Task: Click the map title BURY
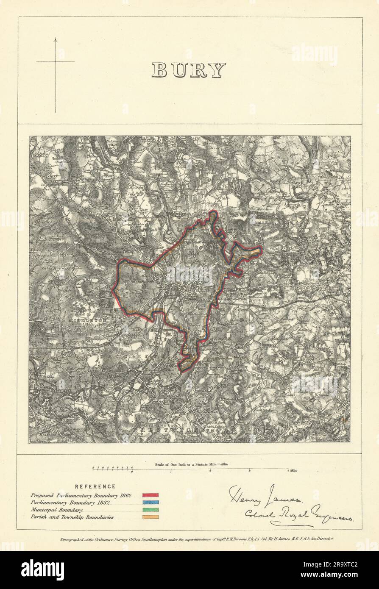click(189, 70)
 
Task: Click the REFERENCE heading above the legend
click(95, 487)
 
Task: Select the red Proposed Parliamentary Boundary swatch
click(150, 495)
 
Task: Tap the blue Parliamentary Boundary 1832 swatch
click(150, 502)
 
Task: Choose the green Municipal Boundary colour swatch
click(150, 509)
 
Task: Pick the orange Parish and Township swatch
click(150, 517)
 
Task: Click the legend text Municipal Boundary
click(56, 510)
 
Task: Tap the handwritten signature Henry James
click(265, 496)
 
